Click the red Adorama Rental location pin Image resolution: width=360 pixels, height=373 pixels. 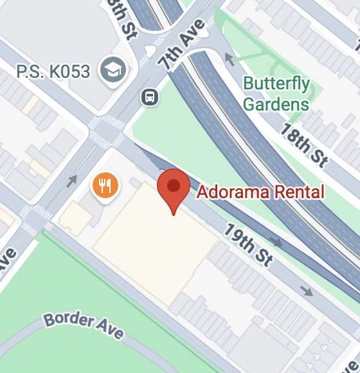click(x=173, y=188)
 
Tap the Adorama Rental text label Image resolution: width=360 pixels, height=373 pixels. click(x=260, y=192)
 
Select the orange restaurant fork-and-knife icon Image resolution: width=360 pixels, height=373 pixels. click(x=105, y=186)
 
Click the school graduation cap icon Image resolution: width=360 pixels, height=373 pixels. click(x=113, y=70)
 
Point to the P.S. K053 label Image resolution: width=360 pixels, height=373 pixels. click(x=53, y=71)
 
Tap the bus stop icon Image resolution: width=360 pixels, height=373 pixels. click(x=150, y=97)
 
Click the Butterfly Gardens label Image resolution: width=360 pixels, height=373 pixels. click(x=276, y=93)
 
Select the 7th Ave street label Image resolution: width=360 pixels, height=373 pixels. click(x=183, y=44)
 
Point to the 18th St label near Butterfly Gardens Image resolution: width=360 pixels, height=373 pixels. click(x=304, y=145)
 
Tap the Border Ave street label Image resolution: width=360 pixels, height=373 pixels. click(x=84, y=325)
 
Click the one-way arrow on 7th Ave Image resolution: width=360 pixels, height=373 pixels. click(x=72, y=181)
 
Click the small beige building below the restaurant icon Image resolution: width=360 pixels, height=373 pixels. click(x=75, y=219)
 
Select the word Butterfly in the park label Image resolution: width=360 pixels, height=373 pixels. click(x=276, y=84)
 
